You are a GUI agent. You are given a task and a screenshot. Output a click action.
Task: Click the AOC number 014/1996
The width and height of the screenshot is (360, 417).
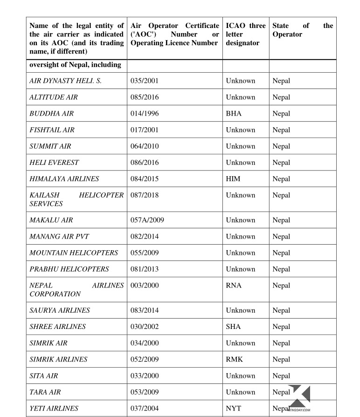click(145, 114)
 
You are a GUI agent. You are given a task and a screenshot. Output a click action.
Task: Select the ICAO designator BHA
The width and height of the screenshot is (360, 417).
click(234, 114)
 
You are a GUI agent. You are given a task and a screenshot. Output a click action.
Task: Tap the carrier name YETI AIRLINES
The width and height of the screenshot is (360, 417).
click(54, 409)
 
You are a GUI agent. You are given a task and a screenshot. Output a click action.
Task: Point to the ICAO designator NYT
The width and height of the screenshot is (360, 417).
click(234, 409)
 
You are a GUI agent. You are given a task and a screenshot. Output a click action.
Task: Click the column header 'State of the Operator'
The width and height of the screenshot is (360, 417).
click(303, 30)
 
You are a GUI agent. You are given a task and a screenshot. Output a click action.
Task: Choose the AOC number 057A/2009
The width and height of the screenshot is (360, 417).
click(147, 220)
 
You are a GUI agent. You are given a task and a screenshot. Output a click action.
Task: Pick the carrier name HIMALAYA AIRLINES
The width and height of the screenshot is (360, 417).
click(64, 179)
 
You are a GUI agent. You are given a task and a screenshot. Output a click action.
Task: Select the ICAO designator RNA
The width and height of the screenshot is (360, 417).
click(234, 286)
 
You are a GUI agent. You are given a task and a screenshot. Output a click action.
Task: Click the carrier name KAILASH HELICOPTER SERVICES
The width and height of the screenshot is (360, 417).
click(76, 199)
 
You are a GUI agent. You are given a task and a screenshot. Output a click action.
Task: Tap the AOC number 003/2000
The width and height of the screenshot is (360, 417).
click(145, 286)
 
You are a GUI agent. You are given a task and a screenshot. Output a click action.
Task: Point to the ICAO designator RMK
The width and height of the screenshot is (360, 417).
click(235, 360)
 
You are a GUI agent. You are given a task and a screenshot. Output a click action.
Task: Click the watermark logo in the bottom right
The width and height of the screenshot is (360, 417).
click(299, 397)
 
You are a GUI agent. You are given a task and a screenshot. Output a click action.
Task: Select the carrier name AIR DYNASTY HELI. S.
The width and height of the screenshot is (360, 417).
click(65, 81)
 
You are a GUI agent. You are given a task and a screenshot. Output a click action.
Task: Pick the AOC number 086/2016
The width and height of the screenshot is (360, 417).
click(145, 163)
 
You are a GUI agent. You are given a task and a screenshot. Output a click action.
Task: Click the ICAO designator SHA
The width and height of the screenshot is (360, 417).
click(233, 327)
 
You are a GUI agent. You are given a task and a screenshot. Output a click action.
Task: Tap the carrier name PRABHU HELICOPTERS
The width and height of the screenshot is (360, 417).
click(69, 269)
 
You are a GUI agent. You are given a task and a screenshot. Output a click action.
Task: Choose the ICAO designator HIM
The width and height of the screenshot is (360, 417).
click(233, 179)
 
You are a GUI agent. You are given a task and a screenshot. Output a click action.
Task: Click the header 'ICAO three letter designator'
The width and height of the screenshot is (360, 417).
click(246, 34)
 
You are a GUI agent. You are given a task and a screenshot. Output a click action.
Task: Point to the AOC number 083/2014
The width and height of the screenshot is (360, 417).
click(145, 311)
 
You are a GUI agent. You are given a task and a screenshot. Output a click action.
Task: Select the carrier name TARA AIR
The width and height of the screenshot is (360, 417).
click(45, 392)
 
